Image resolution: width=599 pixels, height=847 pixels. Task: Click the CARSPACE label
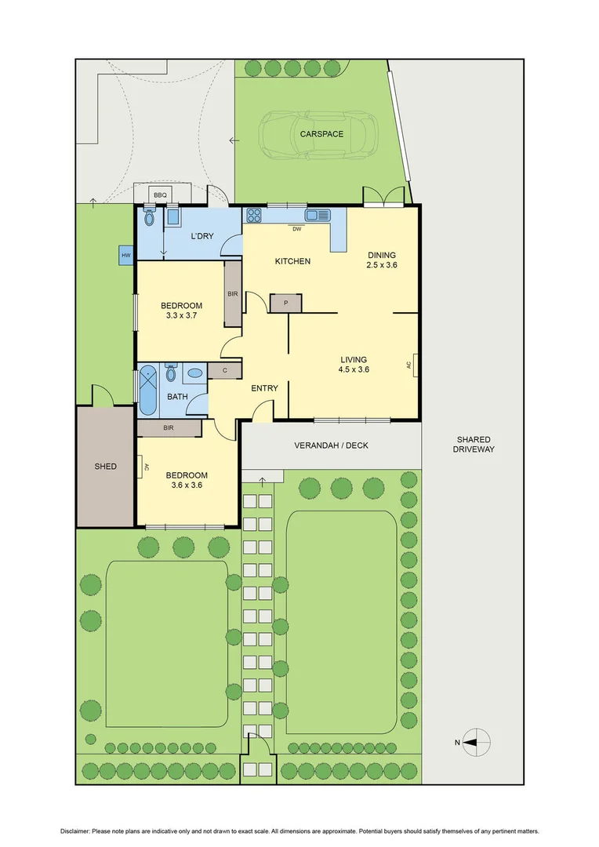coord(321,134)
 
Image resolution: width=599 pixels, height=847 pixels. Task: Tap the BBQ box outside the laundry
coord(160,194)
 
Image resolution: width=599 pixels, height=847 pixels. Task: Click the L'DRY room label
coord(202,236)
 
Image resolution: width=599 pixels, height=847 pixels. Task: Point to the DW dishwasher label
coord(296,229)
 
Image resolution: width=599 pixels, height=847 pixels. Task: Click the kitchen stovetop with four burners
coord(254,215)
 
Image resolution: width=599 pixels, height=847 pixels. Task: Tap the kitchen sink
coord(317,215)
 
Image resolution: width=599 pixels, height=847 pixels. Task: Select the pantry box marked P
coord(285,304)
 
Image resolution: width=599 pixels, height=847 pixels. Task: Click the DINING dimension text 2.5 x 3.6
coord(381,265)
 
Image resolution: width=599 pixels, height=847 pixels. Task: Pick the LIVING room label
coord(354,360)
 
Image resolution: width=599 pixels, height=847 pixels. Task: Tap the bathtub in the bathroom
coord(147,391)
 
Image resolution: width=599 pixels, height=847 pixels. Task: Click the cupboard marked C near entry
coord(225,370)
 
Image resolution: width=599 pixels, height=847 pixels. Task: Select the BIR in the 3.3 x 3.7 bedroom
coord(233,293)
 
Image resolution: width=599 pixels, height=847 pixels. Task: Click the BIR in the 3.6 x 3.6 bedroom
coord(169,428)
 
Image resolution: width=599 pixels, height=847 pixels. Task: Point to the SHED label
coord(105,467)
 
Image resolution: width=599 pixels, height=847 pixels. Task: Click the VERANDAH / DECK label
coord(331,445)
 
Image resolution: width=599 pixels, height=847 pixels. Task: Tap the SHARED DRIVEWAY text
coord(474,445)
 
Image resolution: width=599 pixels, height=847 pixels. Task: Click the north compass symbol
coord(475,741)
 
